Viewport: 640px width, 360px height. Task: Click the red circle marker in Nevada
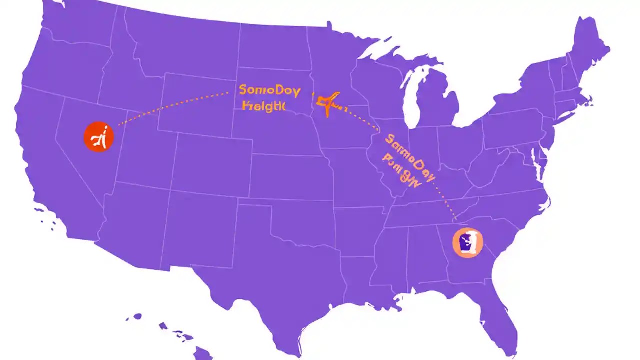click(x=99, y=137)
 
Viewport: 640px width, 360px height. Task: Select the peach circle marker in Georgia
click(x=468, y=243)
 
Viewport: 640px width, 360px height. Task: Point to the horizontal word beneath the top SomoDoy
click(x=263, y=106)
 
